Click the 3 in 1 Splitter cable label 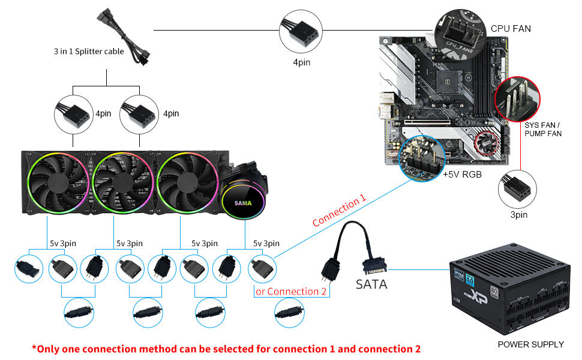click(x=89, y=52)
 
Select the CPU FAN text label click(x=511, y=28)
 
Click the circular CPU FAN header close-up click(x=461, y=31)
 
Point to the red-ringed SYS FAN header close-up click(x=517, y=99)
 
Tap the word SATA click(x=372, y=284)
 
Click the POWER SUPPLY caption click(x=530, y=344)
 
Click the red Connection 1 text click(x=339, y=212)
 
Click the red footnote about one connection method click(x=226, y=349)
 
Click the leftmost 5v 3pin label click(x=62, y=243)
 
